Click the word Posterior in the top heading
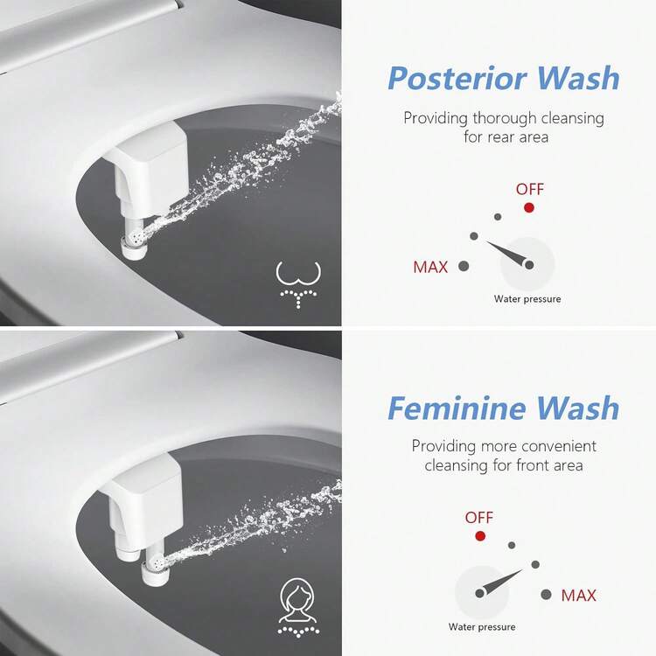(457, 79)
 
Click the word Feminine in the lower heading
(457, 408)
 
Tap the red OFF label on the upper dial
(530, 189)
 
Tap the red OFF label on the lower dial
(478, 518)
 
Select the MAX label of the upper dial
(430, 267)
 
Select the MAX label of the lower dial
(578, 595)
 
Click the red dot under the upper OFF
(529, 207)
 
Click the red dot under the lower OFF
(480, 535)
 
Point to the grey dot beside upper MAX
(464, 266)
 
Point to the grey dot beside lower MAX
(546, 594)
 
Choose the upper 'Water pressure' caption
(527, 299)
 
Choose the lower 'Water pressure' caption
(482, 627)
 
